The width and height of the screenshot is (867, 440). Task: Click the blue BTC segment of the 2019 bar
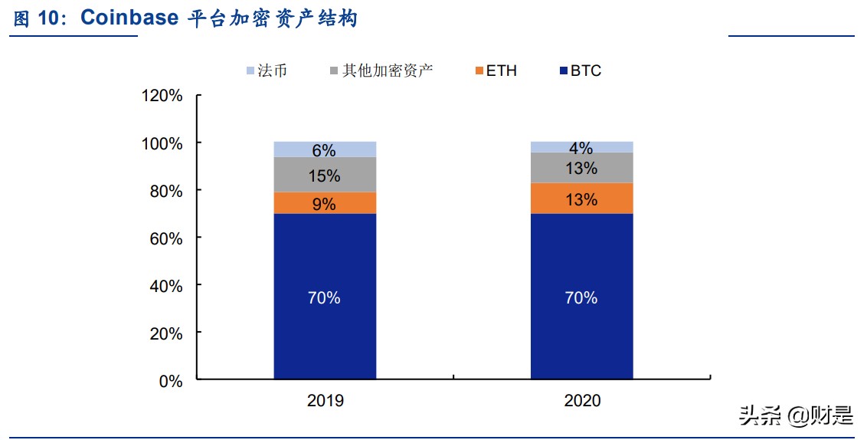tap(325, 296)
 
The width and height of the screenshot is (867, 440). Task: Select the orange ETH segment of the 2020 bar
tap(581, 199)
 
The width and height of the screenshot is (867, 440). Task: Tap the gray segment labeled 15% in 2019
tap(325, 175)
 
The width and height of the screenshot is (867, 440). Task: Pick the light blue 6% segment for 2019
tap(325, 149)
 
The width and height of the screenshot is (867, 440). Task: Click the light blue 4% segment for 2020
tap(581, 147)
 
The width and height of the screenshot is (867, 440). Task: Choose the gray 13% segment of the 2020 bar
tap(581, 168)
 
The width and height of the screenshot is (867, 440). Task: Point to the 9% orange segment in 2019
tap(325, 203)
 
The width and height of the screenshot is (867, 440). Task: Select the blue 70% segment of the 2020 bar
tap(581, 296)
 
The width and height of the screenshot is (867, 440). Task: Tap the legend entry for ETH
tap(496, 71)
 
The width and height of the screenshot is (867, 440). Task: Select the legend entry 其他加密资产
tap(381, 71)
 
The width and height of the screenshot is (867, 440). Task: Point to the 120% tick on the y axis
tap(162, 96)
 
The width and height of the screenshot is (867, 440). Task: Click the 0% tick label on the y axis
tap(171, 381)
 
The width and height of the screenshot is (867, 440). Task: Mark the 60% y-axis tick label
tap(166, 238)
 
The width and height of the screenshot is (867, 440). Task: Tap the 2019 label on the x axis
tap(325, 401)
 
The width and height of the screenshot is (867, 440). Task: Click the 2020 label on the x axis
tap(582, 401)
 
